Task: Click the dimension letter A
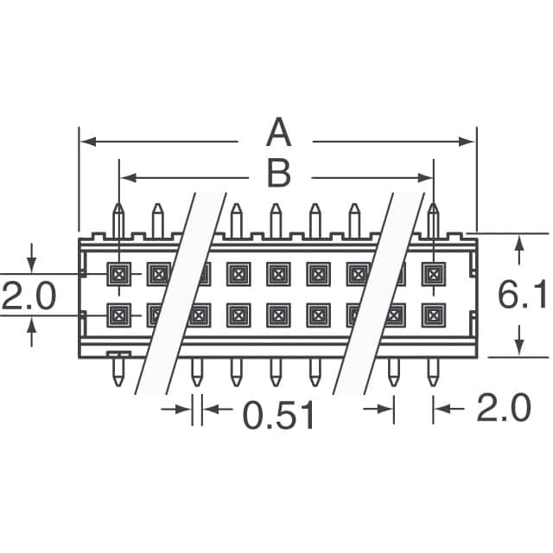pyautogui.click(x=276, y=136)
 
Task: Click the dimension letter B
pyautogui.click(x=278, y=175)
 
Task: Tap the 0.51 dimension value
pyautogui.click(x=278, y=416)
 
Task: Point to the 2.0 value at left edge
pyautogui.click(x=28, y=296)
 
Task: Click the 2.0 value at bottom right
pyautogui.click(x=503, y=410)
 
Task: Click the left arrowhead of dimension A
pyautogui.click(x=85, y=141)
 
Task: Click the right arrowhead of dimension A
pyautogui.click(x=470, y=141)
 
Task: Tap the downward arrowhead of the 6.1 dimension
pyautogui.click(x=518, y=347)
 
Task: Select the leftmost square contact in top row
pyautogui.click(x=118, y=274)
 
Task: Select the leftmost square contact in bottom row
pyautogui.click(x=118, y=315)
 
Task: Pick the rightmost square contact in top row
pyautogui.click(x=433, y=274)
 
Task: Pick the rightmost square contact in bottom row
pyautogui.click(x=433, y=315)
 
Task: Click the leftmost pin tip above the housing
pyautogui.click(x=118, y=207)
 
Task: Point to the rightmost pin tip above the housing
pyautogui.click(x=433, y=207)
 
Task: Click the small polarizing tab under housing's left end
pyautogui.click(x=118, y=354)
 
